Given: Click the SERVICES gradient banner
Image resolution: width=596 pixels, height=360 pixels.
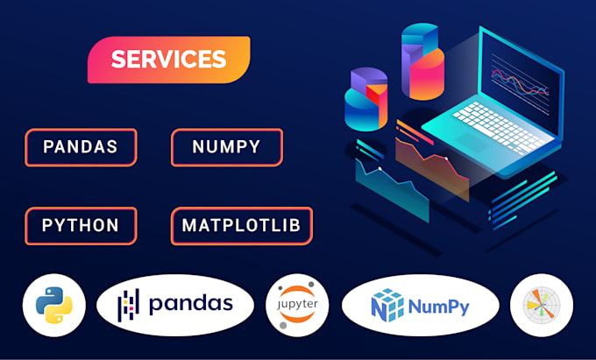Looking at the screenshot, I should coord(168,60).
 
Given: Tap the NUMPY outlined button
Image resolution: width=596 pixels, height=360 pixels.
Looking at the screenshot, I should coord(226,147).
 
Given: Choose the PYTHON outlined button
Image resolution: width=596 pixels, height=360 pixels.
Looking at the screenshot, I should coord(81,225).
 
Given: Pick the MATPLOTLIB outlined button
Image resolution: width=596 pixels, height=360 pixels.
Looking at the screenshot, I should coord(241,225).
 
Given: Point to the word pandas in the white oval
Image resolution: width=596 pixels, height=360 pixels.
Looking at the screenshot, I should coord(190,304).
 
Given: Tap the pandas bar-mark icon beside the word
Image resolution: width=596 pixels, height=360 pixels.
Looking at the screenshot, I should coord(130,305).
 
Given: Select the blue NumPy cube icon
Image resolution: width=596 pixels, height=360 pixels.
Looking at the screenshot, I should coord(386,305).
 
